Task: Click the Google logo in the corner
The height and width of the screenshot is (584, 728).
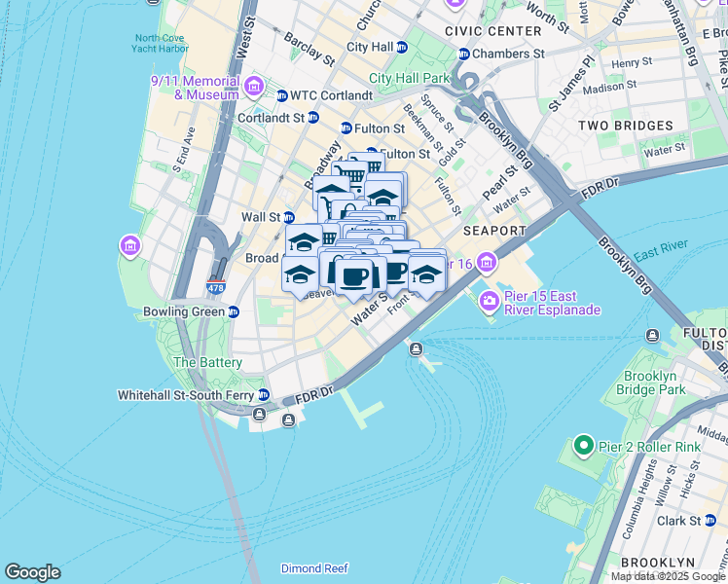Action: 32,572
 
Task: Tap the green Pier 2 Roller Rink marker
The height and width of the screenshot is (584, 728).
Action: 584,447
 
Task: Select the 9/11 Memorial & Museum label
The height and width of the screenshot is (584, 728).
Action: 195,88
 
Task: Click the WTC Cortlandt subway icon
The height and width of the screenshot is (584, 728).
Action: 282,95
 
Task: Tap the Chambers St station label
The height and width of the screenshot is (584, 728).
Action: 509,54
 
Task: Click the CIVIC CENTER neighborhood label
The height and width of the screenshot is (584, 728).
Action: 492,31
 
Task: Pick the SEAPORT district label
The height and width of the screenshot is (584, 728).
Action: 494,231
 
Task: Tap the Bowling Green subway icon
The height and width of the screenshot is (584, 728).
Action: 234,312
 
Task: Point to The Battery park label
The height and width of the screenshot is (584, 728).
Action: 206,362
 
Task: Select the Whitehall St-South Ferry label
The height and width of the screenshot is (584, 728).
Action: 186,395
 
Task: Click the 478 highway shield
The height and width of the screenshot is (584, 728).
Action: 216,287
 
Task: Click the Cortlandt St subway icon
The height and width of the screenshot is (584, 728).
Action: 312,118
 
